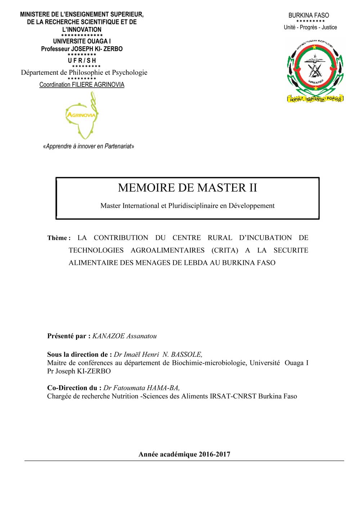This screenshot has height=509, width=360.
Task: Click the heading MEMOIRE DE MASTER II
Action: (187, 188)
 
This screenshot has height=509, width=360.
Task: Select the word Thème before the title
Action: (57, 238)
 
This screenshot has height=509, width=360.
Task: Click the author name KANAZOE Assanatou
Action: (125, 336)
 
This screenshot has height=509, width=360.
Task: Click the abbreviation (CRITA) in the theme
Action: (225, 250)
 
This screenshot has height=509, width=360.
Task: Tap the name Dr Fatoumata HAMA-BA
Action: (141, 388)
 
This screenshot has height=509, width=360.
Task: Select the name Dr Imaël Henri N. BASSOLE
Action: (158, 355)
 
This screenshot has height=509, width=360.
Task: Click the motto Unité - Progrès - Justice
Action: (310, 27)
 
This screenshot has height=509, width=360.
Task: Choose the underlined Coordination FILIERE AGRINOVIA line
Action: (82, 85)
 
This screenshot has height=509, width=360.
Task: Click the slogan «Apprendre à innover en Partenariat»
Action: (89, 146)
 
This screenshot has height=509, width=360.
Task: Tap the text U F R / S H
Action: (82, 60)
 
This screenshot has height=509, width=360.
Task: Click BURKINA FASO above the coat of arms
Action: (309, 15)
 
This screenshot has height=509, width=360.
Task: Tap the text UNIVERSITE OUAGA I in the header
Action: (82, 41)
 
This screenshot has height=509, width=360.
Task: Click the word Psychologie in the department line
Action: (130, 72)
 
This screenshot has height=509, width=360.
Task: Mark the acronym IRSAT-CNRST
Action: (233, 396)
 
